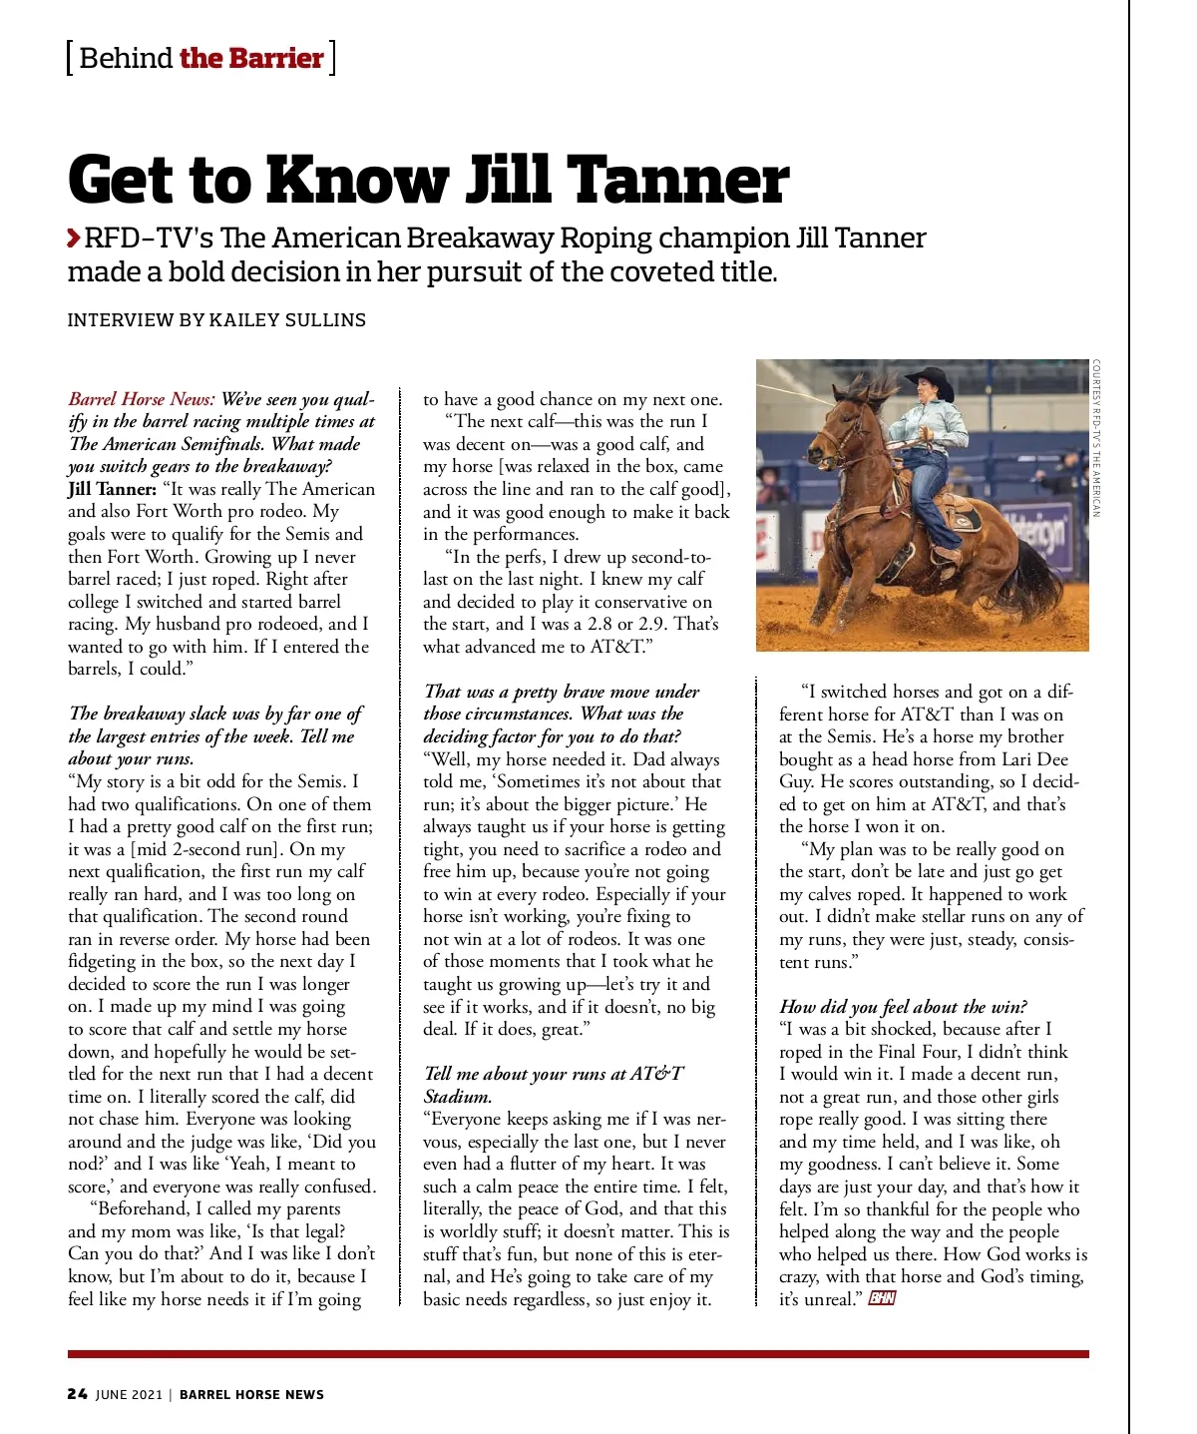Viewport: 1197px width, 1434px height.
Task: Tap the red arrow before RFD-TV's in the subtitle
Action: click(74, 239)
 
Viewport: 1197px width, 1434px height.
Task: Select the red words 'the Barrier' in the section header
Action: click(251, 58)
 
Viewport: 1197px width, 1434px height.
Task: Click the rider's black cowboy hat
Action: click(929, 380)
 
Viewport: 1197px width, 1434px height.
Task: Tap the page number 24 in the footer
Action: click(78, 1394)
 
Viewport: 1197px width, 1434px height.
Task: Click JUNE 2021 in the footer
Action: click(129, 1394)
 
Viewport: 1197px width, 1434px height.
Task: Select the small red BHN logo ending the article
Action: click(882, 1298)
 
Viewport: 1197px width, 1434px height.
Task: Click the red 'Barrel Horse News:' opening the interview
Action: click(142, 399)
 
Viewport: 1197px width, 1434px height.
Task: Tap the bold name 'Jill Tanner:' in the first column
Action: click(112, 489)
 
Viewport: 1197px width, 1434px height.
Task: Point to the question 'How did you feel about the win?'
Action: click(903, 1006)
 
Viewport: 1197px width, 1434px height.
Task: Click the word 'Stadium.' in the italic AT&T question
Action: click(458, 1096)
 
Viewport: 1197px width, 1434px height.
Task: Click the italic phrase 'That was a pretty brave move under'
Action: click(562, 692)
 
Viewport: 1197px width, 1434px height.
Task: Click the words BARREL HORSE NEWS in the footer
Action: click(251, 1394)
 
